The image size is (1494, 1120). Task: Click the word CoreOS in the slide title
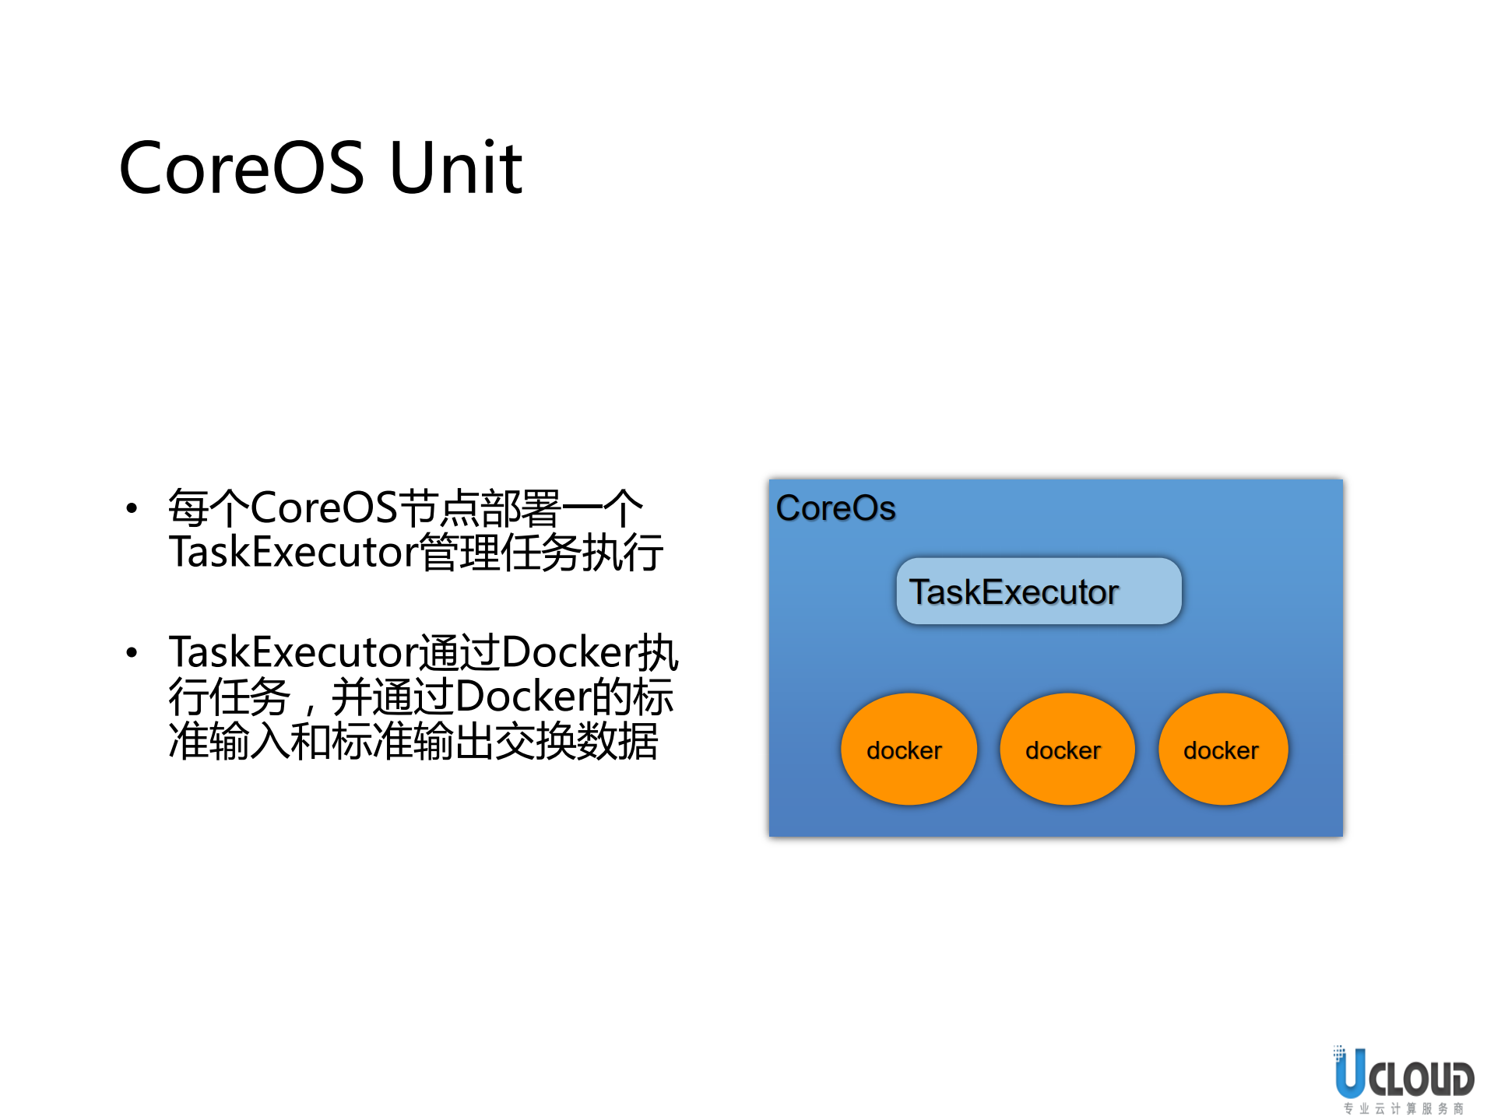tap(241, 167)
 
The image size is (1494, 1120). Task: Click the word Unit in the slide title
tap(455, 167)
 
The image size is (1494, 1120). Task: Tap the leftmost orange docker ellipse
tap(908, 750)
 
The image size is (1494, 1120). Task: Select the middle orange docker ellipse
tap(1067, 750)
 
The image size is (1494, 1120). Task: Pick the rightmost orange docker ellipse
tap(1223, 750)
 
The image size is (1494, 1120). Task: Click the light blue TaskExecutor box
tap(1039, 592)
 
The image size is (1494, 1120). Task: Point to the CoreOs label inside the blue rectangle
tap(835, 508)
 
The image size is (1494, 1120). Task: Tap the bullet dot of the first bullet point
tap(132, 509)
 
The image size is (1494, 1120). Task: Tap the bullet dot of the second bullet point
tap(132, 652)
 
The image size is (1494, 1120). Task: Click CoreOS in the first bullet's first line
tap(323, 508)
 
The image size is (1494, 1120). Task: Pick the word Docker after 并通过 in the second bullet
tap(522, 697)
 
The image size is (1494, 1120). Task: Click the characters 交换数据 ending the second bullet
tap(576, 741)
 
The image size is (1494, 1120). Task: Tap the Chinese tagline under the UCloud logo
tap(1404, 1108)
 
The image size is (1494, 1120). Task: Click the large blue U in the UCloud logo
tap(1350, 1074)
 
